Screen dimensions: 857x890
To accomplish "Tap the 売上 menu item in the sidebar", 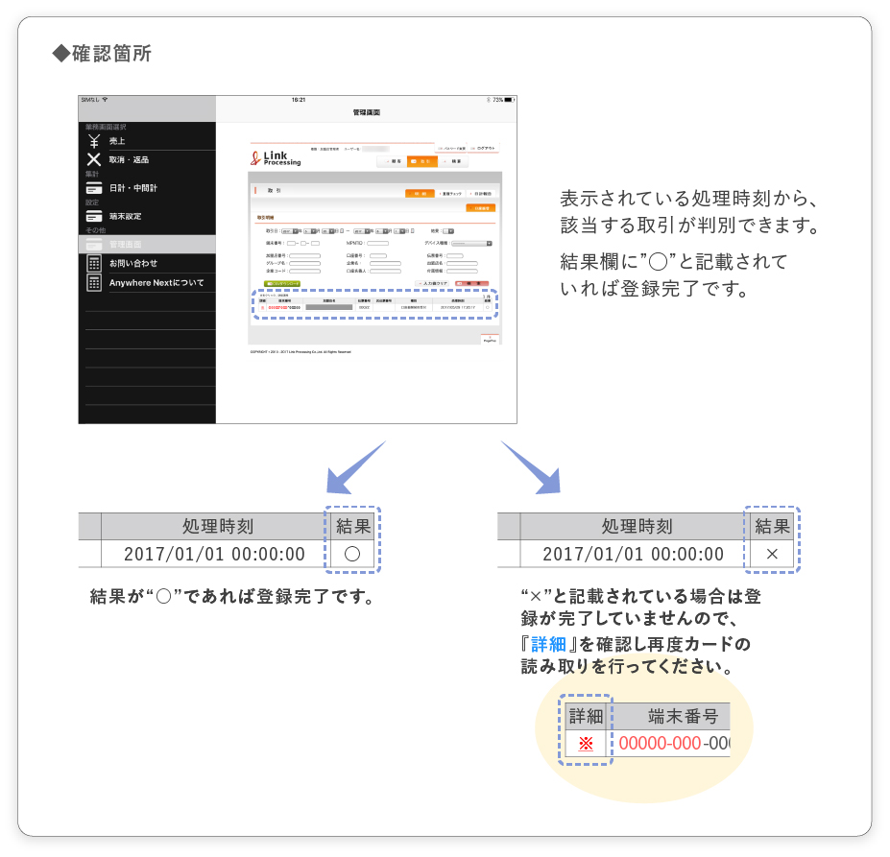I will coord(117,141).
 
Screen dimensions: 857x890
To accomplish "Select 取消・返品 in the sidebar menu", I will coord(129,159).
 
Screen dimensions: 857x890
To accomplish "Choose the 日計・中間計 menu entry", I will coord(132,188).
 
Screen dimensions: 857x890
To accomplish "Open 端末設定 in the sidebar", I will coord(125,216).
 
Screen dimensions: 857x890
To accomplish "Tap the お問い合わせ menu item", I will coord(132,263).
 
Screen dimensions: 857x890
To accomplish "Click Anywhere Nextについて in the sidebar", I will coord(156,282).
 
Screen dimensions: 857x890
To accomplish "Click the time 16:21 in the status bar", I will coord(299,100).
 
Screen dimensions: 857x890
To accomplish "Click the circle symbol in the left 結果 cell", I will coord(351,555).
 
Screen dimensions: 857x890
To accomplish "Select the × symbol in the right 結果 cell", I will coord(773,555).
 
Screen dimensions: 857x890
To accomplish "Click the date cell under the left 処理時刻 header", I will coord(214,555).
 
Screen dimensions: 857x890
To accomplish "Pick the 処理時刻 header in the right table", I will coord(636,526).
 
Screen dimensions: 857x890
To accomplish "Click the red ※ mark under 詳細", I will coord(586,744).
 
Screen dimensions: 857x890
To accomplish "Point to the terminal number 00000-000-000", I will coord(673,744).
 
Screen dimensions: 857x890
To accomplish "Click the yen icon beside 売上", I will coord(93,141).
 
